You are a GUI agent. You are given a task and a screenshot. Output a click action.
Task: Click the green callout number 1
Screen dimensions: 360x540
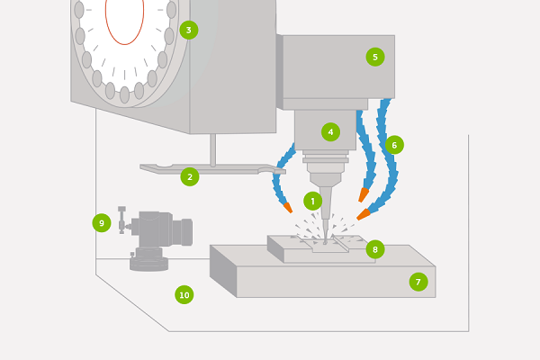(x=312, y=201)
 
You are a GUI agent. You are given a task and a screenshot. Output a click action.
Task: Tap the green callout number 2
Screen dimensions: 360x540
(x=189, y=176)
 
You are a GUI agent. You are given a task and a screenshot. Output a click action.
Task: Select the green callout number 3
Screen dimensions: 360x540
(x=188, y=30)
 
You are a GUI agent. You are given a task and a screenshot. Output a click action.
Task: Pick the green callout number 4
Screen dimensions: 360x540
(x=330, y=131)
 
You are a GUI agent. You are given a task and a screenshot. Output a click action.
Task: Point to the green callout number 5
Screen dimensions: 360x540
(x=374, y=57)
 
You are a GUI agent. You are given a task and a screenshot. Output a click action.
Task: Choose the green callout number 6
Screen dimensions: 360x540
(x=393, y=144)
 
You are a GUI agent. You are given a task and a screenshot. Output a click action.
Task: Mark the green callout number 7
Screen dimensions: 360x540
(x=418, y=282)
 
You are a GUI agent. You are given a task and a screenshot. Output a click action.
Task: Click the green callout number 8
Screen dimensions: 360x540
(x=375, y=247)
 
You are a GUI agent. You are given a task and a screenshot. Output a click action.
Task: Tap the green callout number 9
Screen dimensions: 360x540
(x=101, y=222)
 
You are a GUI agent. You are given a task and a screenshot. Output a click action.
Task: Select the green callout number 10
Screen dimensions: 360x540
(x=184, y=294)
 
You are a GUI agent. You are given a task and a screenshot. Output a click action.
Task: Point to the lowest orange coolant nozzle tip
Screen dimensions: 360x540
(x=363, y=215)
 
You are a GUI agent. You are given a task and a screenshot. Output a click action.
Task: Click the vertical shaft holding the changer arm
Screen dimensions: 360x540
(x=212, y=149)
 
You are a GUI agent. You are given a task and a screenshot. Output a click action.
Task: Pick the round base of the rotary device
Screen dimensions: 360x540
(x=148, y=263)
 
